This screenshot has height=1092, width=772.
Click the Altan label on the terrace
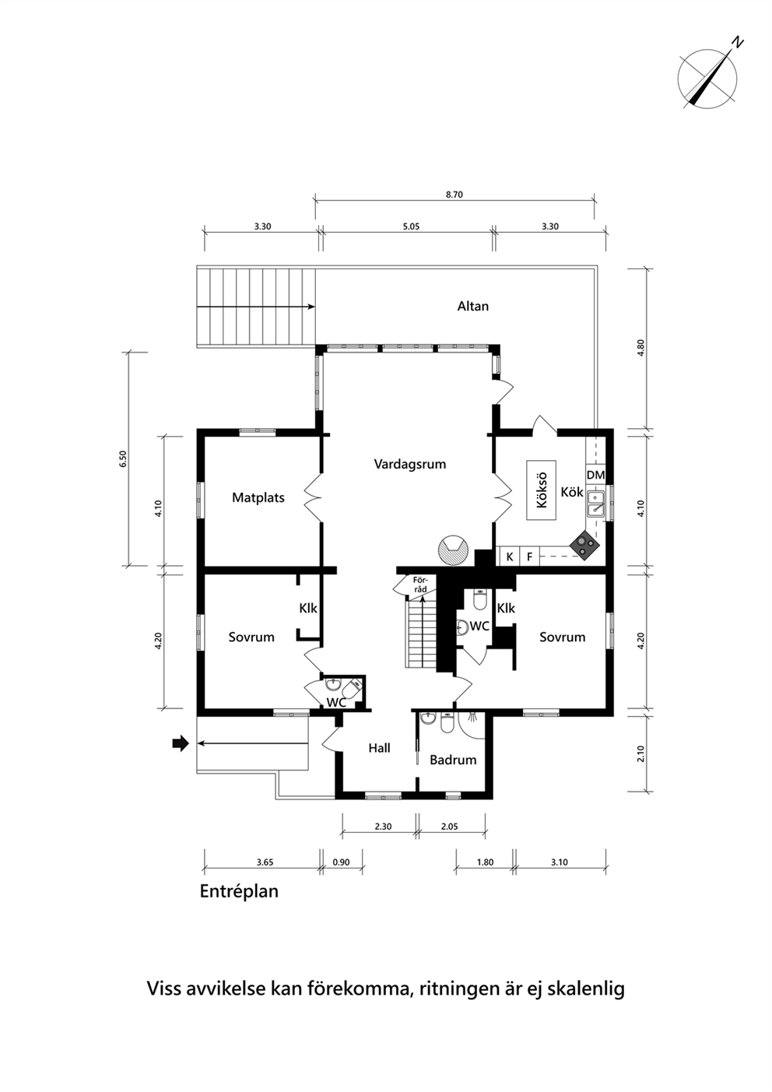click(x=472, y=306)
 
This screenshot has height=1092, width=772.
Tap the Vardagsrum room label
click(x=410, y=464)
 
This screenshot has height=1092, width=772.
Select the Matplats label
click(x=258, y=497)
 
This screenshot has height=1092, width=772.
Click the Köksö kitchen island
click(x=541, y=490)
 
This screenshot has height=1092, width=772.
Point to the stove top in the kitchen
click(x=585, y=544)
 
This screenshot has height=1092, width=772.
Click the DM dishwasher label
click(x=595, y=475)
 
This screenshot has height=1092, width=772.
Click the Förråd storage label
click(x=419, y=585)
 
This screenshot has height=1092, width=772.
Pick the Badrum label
click(x=453, y=760)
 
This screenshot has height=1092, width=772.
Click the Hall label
click(x=379, y=748)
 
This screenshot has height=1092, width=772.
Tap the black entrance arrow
click(x=181, y=743)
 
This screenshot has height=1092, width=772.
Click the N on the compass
click(x=738, y=42)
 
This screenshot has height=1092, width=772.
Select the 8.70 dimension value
click(x=454, y=195)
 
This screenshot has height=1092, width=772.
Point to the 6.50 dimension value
click(x=123, y=458)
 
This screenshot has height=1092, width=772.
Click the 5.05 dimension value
click(x=412, y=226)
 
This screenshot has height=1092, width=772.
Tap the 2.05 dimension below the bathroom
click(x=449, y=827)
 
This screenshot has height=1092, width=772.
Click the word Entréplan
click(x=239, y=891)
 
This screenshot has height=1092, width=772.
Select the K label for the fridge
click(x=509, y=557)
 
